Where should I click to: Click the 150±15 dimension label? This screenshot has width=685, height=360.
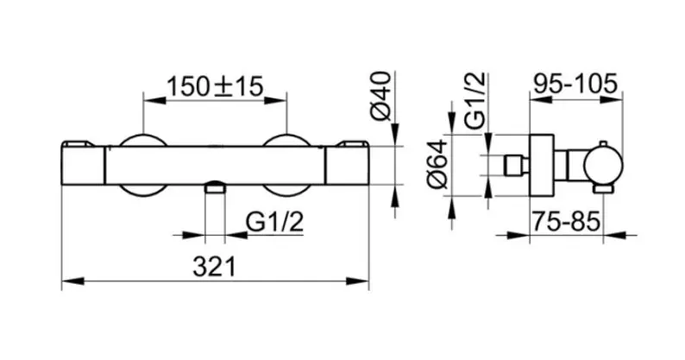pos(215,86)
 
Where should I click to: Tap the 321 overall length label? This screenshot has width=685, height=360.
pos(214,267)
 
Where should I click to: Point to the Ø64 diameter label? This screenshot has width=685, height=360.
pos(437,164)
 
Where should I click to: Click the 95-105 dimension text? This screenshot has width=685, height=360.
pos(575,83)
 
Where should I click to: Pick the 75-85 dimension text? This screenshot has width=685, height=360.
pos(566,221)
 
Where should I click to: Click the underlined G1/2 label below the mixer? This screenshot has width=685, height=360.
pos(274,222)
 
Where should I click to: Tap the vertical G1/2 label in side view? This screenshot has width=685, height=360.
pos(474,100)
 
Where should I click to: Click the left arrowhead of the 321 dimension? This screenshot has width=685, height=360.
pos(73,281)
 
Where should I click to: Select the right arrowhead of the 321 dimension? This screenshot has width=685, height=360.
pos(358,281)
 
